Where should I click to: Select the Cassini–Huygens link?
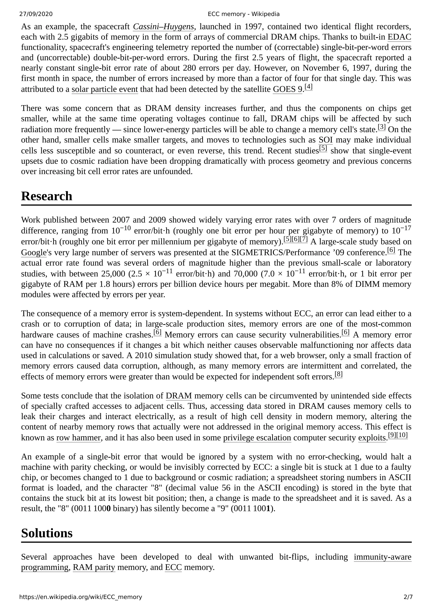pos(163,27)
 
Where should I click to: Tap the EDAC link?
pos(399,37)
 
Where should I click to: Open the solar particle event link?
pos(105,89)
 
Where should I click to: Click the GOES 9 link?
pos(287,89)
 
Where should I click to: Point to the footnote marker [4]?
pos(308,86)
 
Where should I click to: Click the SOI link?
pos(325,140)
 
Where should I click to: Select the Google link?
pos(34,252)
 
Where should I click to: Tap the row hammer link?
pos(78,438)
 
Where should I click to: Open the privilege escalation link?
pos(257,438)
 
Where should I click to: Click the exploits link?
pos(372,438)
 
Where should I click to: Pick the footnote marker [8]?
pos(338,374)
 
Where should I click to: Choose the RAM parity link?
pos(94,567)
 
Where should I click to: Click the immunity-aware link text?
pos(382,557)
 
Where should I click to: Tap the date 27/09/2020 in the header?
pos(36,14)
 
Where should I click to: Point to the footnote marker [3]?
pos(381,127)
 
